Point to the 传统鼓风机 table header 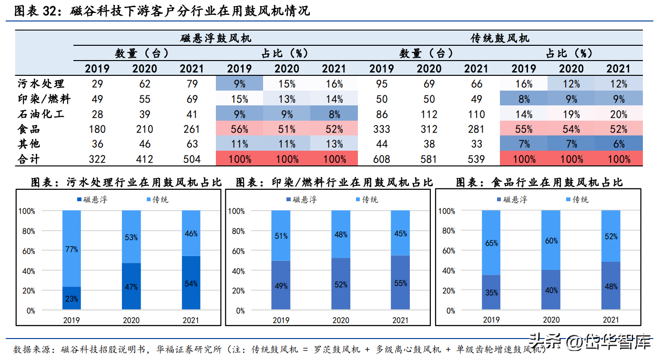(x=500, y=38)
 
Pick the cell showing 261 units (x=192, y=129)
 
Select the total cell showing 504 (x=192, y=159)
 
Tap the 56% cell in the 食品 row (x=239, y=129)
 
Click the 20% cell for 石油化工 (x=619, y=114)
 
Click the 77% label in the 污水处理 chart (x=72, y=249)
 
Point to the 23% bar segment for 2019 (x=72, y=299)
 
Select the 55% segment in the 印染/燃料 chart (x=401, y=283)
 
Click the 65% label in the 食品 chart (x=491, y=243)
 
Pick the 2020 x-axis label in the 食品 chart (x=551, y=320)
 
